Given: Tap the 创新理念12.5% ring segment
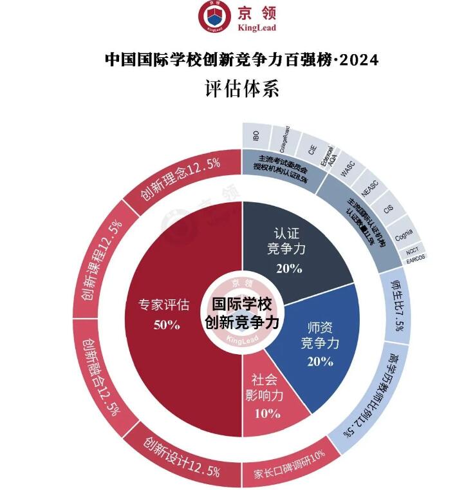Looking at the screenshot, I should click(182, 184).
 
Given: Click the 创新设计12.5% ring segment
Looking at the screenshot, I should click(182, 457).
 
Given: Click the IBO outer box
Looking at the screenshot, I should click(256, 137).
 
